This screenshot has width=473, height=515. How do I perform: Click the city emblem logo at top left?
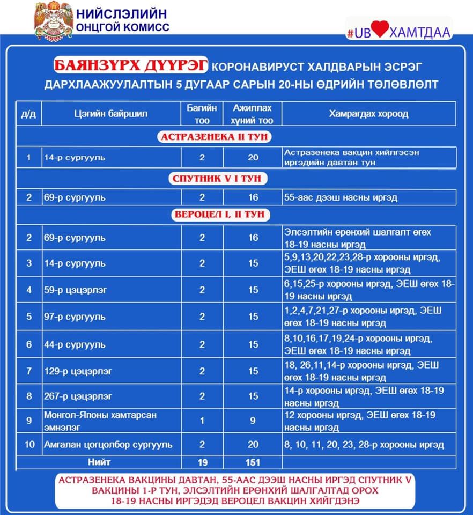click(x=51, y=21)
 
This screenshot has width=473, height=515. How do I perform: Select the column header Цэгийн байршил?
click(x=110, y=114)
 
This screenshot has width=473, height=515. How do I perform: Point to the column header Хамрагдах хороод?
click(x=368, y=114)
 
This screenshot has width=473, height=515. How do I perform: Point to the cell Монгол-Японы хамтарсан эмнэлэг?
click(x=100, y=421)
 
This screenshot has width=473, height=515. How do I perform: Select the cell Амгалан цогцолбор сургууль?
click(x=108, y=445)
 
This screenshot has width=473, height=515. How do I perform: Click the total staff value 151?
click(x=253, y=462)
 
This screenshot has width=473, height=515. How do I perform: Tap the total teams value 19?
click(x=202, y=462)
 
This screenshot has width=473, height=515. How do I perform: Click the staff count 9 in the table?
click(x=253, y=421)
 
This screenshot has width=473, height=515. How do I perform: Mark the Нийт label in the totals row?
click(x=99, y=462)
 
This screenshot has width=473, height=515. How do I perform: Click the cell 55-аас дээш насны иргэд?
click(x=341, y=197)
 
